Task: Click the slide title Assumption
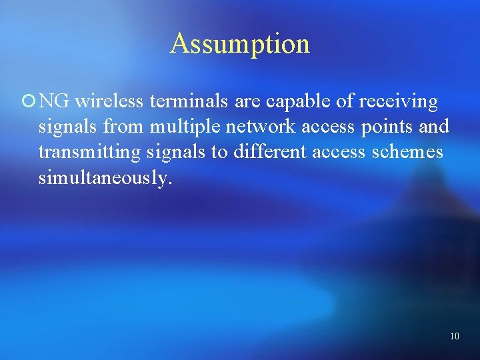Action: click(239, 44)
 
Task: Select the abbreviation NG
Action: click(54, 101)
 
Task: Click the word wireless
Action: click(110, 101)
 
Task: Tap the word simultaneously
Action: click(105, 178)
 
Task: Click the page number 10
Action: click(454, 336)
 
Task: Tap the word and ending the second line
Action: click(436, 127)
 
